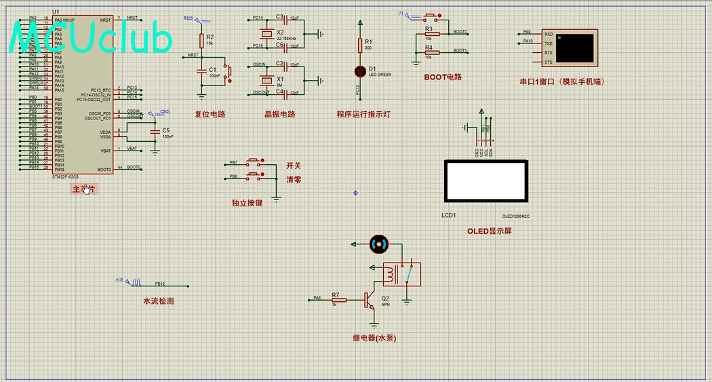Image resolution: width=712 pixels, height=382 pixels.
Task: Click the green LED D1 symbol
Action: point(360,71)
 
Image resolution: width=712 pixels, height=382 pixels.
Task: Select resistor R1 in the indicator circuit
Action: point(360,45)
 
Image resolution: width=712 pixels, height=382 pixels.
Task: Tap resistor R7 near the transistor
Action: point(338,300)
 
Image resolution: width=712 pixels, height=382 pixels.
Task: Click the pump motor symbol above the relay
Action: point(378,244)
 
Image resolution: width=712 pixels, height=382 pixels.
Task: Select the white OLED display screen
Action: point(486,181)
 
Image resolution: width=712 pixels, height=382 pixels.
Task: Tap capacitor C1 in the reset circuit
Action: point(201,71)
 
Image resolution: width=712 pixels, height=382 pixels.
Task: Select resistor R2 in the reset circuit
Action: point(201,40)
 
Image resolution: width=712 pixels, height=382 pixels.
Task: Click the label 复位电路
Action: point(210,115)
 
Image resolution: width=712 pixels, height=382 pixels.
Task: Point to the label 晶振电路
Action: point(280,115)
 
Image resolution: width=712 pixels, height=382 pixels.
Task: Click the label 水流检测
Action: point(158,301)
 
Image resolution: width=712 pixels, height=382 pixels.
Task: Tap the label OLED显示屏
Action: point(489,231)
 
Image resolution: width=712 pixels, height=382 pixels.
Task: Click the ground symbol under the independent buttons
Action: point(276,199)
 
